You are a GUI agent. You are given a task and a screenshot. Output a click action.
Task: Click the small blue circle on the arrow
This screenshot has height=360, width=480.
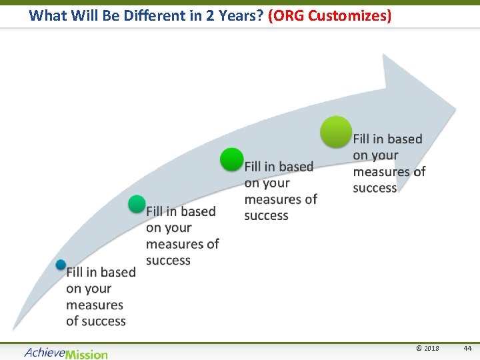point(61,265)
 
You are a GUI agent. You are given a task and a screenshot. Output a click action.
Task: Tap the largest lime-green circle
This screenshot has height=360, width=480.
point(336,131)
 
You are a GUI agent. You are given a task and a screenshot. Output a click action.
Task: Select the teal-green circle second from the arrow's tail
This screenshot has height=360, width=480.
point(137,204)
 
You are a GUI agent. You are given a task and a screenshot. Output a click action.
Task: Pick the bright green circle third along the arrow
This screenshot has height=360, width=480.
point(232,160)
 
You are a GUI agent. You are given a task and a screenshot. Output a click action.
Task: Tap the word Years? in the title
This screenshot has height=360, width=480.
point(239,15)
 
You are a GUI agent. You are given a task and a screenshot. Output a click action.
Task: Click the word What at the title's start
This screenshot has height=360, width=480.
point(47,15)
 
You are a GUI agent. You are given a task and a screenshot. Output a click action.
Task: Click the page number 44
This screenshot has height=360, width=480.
point(467,349)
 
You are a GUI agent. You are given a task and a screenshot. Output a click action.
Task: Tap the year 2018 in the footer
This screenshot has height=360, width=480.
point(431,349)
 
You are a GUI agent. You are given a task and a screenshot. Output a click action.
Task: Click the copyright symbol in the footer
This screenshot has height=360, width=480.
point(418,349)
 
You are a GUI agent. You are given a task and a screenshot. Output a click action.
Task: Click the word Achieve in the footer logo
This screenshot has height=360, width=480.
point(45,353)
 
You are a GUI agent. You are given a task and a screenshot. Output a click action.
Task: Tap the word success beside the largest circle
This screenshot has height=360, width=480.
point(375,188)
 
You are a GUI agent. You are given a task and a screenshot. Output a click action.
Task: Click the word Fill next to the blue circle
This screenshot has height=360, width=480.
point(75,272)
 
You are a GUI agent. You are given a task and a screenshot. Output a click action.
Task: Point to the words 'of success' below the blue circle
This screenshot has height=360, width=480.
point(95,321)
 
